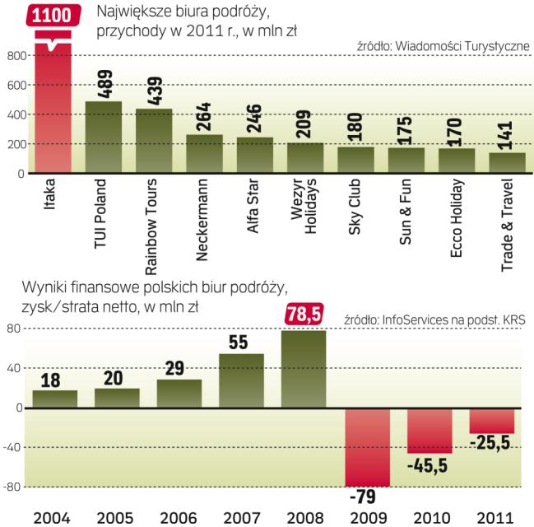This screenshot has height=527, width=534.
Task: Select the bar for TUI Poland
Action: click(x=104, y=138)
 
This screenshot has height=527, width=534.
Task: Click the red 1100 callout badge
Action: click(x=53, y=15)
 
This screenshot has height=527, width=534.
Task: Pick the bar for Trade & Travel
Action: click(x=506, y=163)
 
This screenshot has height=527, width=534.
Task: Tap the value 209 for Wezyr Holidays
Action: click(x=305, y=121)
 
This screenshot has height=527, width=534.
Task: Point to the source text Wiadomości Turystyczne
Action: click(x=443, y=46)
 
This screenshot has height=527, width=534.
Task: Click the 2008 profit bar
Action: click(x=304, y=369)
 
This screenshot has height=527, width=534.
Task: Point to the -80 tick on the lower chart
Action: click(x=14, y=487)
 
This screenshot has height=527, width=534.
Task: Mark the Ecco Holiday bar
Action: click(x=456, y=161)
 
